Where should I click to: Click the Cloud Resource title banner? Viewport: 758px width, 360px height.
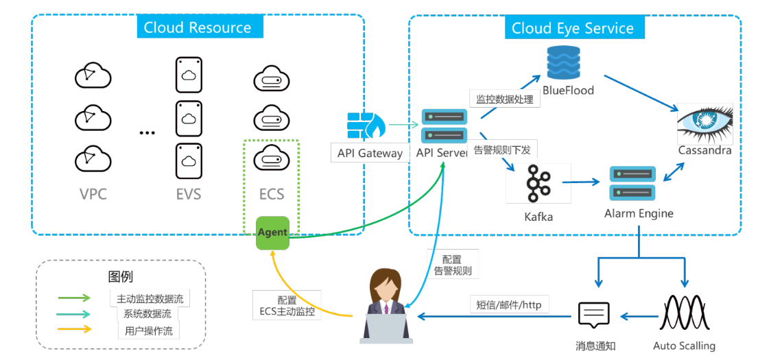(x=197, y=27)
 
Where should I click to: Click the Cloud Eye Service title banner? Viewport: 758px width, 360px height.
(x=573, y=28)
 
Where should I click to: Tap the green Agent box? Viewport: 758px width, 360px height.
(x=272, y=232)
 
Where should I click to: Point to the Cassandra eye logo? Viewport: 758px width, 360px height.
(x=705, y=123)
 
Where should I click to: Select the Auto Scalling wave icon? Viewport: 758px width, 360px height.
(x=683, y=314)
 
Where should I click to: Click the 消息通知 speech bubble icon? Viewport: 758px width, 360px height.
(x=594, y=315)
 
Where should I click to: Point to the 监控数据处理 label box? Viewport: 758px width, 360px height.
(x=505, y=99)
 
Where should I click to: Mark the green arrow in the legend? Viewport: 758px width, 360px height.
(x=74, y=298)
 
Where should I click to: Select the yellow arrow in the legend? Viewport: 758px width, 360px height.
(x=74, y=329)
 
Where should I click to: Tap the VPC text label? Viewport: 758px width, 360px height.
(x=93, y=194)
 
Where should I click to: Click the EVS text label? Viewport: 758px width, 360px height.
(x=189, y=194)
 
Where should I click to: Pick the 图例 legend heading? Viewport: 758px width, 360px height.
(x=121, y=277)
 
